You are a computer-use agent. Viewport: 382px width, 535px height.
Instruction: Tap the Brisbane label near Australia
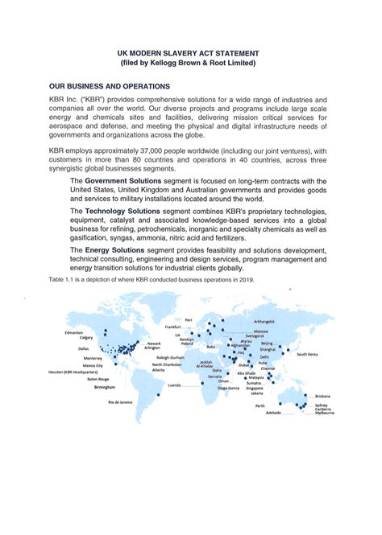322,397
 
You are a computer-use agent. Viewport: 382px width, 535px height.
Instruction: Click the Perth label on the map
260,406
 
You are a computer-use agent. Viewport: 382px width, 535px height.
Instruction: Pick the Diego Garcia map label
233,388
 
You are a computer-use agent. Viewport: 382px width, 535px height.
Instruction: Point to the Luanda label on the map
174,385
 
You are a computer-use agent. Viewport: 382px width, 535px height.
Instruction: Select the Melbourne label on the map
324,413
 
